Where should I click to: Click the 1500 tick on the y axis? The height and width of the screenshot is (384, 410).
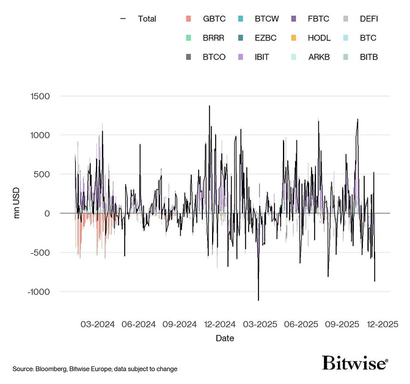(x=40, y=96)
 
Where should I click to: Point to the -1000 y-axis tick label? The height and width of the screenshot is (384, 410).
(x=38, y=292)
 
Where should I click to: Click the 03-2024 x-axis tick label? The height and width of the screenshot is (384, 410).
(x=98, y=324)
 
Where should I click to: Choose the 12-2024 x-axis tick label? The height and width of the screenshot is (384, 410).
(x=220, y=324)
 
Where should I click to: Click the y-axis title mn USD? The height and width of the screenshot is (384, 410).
(x=18, y=202)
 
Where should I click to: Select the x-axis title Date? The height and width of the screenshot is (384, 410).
(x=224, y=338)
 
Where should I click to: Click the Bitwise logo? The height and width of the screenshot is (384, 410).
(x=355, y=363)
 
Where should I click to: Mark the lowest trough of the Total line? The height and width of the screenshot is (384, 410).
(x=258, y=300)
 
